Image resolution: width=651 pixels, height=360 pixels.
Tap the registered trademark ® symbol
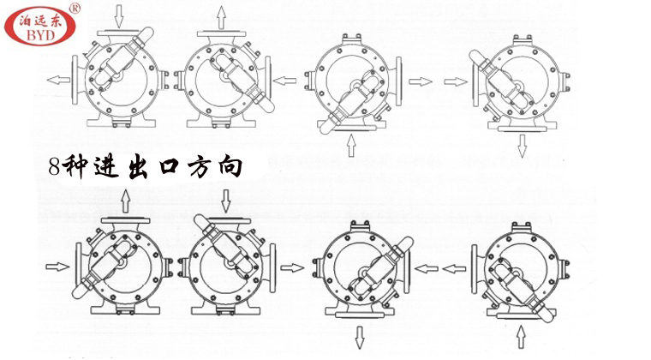pyautogui.click(x=75, y=9)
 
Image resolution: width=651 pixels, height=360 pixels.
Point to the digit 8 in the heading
pyautogui.click(x=56, y=165)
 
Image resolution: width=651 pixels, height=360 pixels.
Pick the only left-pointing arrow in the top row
pyautogui.click(x=60, y=80)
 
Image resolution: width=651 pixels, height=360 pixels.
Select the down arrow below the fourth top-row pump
pyautogui.click(x=522, y=147)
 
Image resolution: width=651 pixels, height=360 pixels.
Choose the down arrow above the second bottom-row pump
pyautogui.click(x=225, y=202)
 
